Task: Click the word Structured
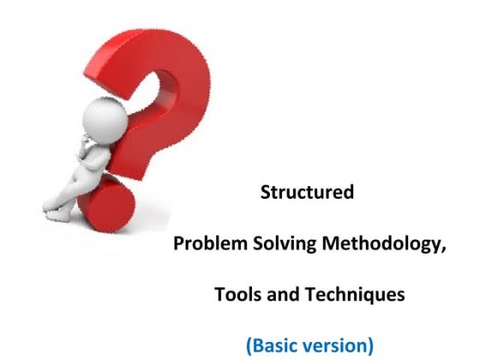pyautogui.click(x=307, y=192)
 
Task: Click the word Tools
pyautogui.click(x=237, y=295)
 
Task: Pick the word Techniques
pyautogui.click(x=349, y=295)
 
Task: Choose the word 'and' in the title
pyautogui.click(x=279, y=295)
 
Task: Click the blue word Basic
pyautogui.click(x=277, y=345)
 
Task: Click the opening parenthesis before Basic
pyautogui.click(x=249, y=346)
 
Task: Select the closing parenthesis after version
pyautogui.click(x=370, y=346)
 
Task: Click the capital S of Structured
pyautogui.click(x=266, y=192)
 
